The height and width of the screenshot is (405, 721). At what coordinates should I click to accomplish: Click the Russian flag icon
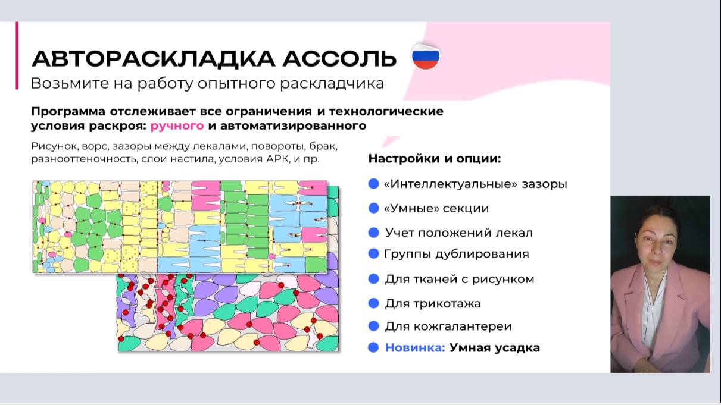click(x=426, y=57)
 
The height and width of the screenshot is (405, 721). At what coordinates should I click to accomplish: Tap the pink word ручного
click(x=177, y=125)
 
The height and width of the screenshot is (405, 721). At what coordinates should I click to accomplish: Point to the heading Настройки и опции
click(x=435, y=159)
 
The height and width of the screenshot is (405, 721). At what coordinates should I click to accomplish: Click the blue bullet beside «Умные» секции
click(x=374, y=208)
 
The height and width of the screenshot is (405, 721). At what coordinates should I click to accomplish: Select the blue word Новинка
click(x=415, y=347)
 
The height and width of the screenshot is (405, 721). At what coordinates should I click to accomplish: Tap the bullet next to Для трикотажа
click(x=374, y=303)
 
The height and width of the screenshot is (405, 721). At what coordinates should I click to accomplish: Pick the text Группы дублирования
click(x=457, y=254)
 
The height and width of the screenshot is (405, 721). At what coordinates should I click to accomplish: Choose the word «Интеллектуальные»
click(x=451, y=184)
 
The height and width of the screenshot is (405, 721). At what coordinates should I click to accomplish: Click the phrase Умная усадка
click(x=494, y=347)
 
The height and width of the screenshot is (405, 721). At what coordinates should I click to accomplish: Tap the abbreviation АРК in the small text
click(x=277, y=159)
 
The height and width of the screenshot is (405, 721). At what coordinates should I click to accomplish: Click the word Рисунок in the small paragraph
click(x=52, y=146)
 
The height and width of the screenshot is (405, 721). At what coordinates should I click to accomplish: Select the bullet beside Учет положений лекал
click(x=374, y=233)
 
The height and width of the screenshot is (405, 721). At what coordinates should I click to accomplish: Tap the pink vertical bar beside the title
click(x=17, y=56)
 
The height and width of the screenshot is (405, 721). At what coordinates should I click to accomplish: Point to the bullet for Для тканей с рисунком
click(x=374, y=279)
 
